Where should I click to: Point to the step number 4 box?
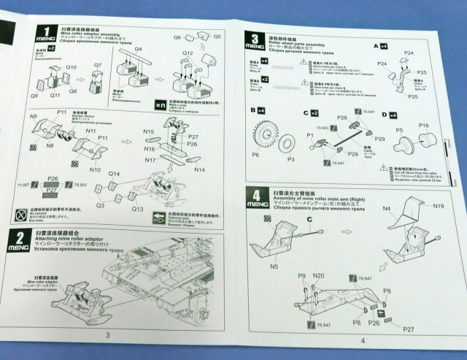coord(255,195)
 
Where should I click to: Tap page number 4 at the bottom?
coord(362,340)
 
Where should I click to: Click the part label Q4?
coord(138,50)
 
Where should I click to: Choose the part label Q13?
coord(137,207)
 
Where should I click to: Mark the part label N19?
coord(437,207)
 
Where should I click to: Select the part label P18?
coord(425,125)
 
